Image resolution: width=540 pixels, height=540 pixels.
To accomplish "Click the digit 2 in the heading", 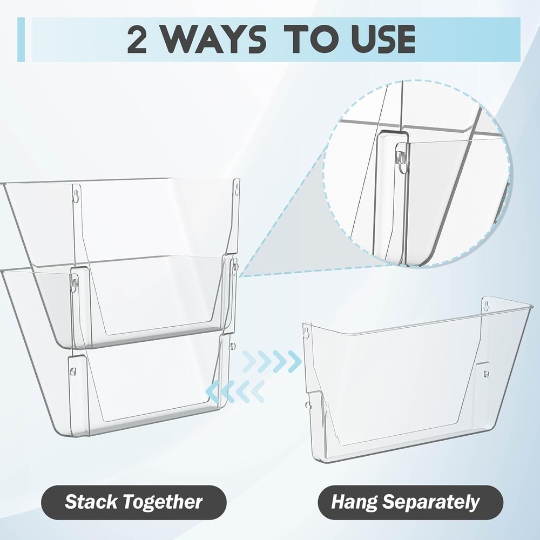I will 137,39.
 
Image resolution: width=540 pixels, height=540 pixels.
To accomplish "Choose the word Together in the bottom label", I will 163,502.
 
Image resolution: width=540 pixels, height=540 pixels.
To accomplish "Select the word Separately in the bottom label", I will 431,502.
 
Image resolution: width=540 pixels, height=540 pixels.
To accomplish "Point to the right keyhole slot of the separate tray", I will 485,304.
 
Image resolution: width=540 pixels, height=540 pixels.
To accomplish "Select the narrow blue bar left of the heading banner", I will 21,39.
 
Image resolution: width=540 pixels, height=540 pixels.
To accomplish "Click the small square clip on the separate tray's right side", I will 485,373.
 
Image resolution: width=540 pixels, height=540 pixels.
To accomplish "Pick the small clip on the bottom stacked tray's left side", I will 73,371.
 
